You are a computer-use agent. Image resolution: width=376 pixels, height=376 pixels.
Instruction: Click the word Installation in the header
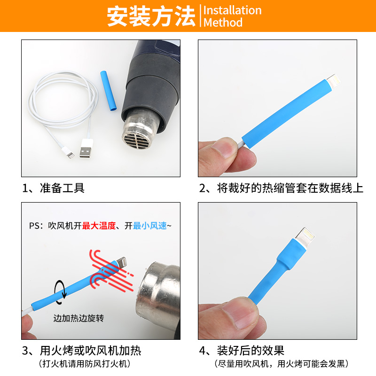(x=232, y=10)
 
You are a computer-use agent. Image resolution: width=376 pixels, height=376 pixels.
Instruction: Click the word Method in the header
(x=223, y=23)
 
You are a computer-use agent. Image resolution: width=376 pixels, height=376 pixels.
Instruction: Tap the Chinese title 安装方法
(x=151, y=16)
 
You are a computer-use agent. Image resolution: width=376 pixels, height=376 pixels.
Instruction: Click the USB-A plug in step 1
(x=86, y=149)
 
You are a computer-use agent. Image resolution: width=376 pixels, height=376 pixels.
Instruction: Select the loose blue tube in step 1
(x=109, y=91)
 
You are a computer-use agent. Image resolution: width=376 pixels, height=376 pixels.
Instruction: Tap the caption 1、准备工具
(x=53, y=188)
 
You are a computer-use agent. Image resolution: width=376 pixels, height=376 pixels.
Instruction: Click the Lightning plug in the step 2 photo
(x=334, y=81)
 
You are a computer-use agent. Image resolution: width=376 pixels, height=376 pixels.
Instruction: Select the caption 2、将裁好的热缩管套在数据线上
(x=281, y=188)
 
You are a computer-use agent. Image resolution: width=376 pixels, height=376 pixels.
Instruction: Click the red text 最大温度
(x=99, y=226)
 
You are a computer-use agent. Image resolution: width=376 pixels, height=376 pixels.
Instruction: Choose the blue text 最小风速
(x=150, y=226)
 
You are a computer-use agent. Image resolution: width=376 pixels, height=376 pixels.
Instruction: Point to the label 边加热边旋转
(x=78, y=318)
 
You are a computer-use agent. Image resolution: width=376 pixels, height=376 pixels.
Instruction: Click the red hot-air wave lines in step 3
(x=111, y=271)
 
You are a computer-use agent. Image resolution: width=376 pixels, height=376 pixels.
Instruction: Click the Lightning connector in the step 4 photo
(x=305, y=237)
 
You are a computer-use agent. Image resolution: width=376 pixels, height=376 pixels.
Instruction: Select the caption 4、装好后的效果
(x=242, y=351)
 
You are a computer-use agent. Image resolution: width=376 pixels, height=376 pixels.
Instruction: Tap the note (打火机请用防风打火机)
(x=85, y=364)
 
